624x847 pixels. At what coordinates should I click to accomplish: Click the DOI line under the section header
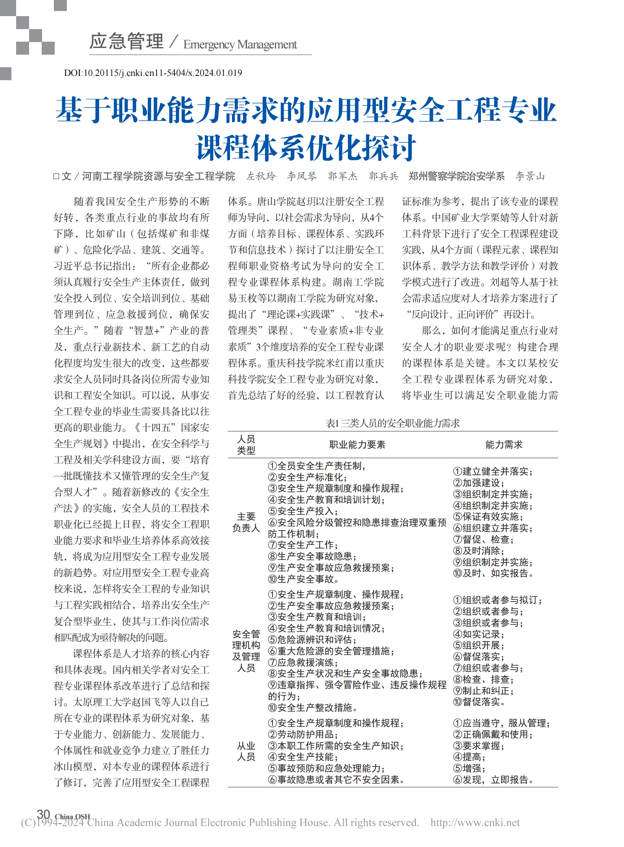[x=153, y=73]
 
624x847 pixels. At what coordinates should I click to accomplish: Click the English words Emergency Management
[x=240, y=45]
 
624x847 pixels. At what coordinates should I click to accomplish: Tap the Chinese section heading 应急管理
[x=126, y=41]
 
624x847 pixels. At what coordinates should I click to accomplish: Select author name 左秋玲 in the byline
[x=261, y=176]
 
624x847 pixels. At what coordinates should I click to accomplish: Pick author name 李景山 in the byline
[x=530, y=176]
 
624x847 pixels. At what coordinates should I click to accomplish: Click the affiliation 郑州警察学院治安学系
[x=456, y=176]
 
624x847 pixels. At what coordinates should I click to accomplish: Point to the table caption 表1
[x=392, y=423]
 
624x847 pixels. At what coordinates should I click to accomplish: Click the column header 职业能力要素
[x=357, y=445]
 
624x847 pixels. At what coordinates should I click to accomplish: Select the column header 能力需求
[x=504, y=445]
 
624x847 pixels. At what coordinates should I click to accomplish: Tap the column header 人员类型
[x=246, y=445]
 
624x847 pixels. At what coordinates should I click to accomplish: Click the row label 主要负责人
[x=246, y=522]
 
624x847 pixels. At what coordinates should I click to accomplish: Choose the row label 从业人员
[x=246, y=751]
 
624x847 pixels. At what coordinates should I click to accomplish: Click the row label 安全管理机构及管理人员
[x=246, y=651]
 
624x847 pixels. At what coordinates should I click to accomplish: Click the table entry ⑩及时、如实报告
[x=493, y=573]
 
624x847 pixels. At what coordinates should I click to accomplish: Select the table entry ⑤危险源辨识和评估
[x=313, y=640]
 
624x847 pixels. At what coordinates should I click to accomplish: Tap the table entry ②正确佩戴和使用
[x=493, y=735]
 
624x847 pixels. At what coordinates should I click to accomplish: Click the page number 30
[x=43, y=814]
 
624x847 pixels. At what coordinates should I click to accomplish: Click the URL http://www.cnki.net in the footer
[x=475, y=823]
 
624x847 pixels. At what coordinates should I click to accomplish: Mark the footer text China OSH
[x=72, y=816]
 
